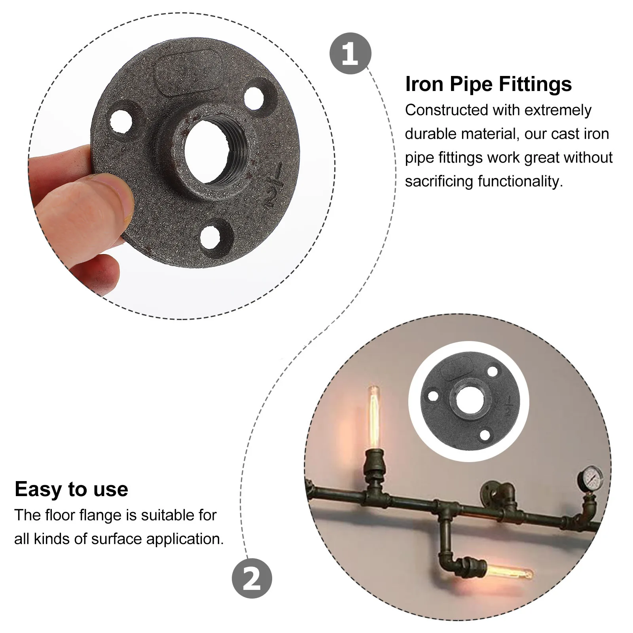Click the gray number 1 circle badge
(350, 53)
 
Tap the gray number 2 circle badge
(252, 578)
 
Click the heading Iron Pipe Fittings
(488, 84)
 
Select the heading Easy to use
(71, 489)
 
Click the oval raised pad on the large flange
(188, 72)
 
